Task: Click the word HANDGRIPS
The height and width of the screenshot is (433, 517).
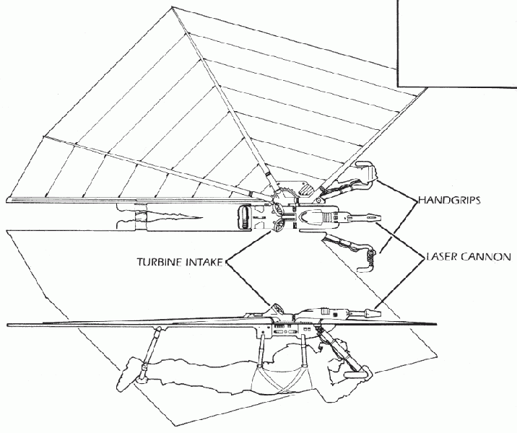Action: pyautogui.click(x=449, y=200)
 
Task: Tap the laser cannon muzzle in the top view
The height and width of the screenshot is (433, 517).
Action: pyautogui.click(x=373, y=217)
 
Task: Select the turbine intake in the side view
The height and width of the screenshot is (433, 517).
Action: pyautogui.click(x=277, y=309)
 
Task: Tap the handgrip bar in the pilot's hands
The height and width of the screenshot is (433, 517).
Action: pyautogui.click(x=356, y=375)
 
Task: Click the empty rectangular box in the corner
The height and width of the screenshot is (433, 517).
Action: pyautogui.click(x=457, y=43)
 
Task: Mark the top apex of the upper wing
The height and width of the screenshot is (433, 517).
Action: pyautogui.click(x=172, y=7)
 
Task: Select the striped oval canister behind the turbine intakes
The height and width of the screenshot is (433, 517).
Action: pyautogui.click(x=243, y=216)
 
